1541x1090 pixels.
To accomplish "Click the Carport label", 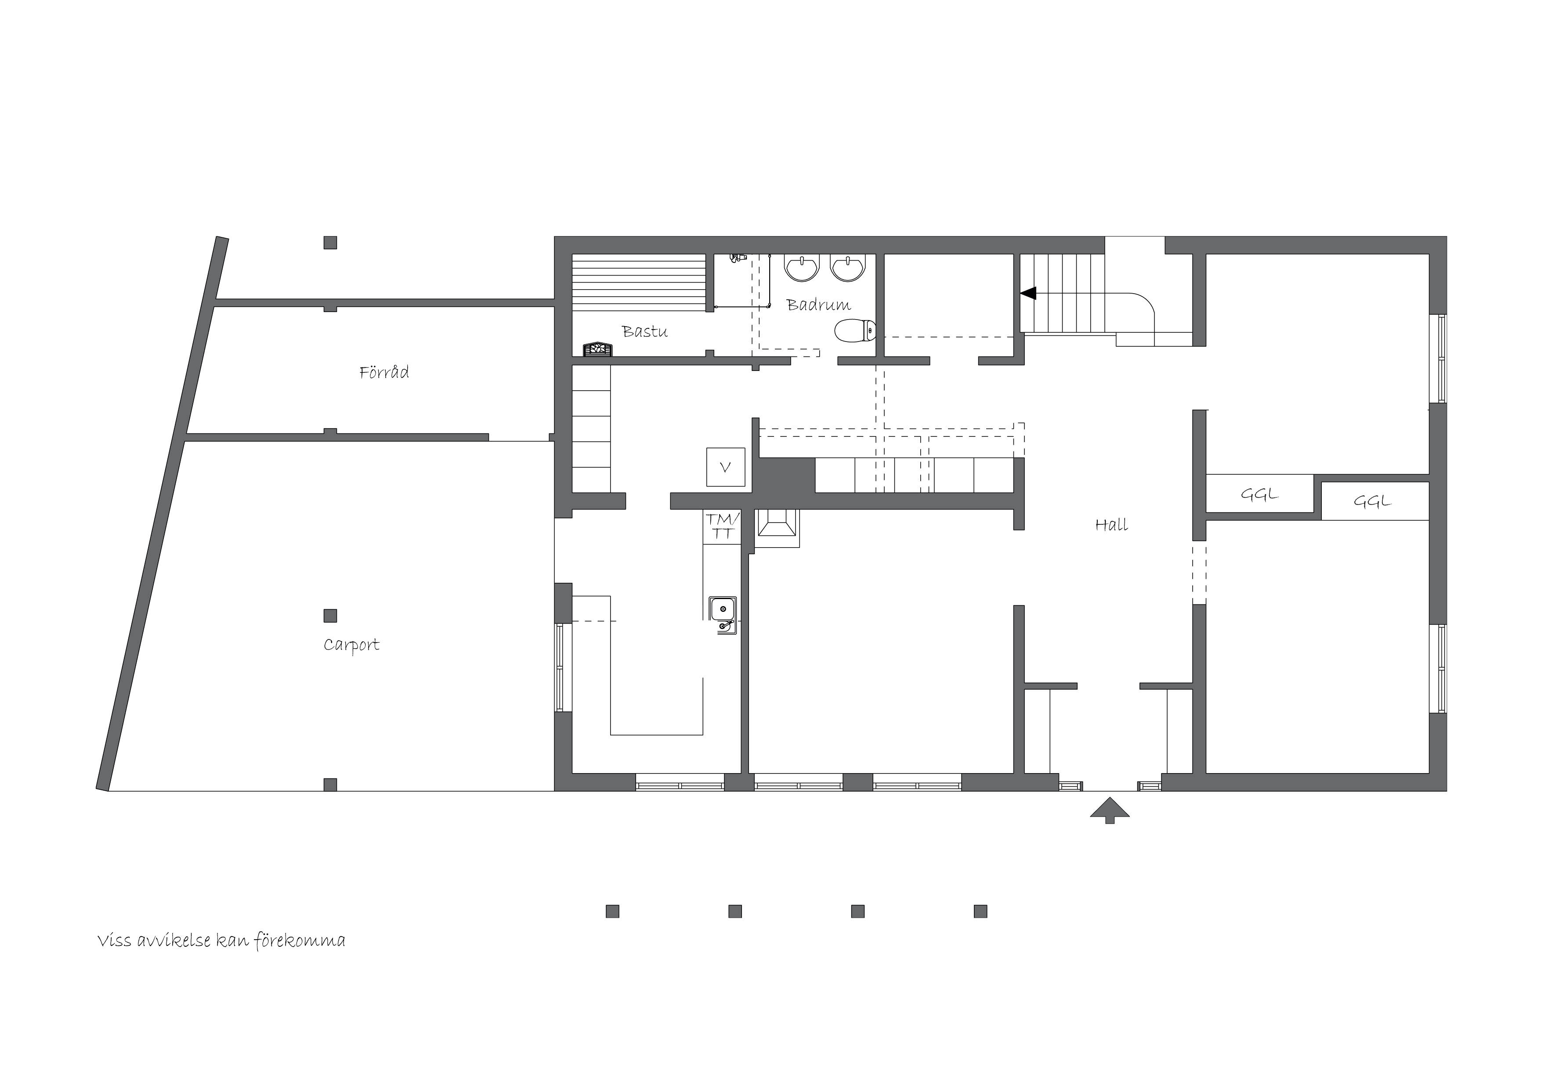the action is (x=351, y=645).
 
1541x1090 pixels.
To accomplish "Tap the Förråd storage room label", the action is (x=384, y=372).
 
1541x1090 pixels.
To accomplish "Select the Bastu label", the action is (x=644, y=331).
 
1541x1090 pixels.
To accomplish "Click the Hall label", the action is (x=1111, y=524).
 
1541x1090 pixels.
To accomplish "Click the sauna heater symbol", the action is (x=597, y=349).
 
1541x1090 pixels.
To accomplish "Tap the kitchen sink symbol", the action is (x=723, y=614).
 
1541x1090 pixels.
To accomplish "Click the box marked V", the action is (x=726, y=467).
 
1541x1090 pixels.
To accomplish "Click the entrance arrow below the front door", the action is (x=1110, y=809).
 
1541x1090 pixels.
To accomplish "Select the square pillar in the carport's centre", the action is (x=330, y=615).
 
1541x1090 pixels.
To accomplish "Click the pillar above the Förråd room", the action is (x=330, y=243).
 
